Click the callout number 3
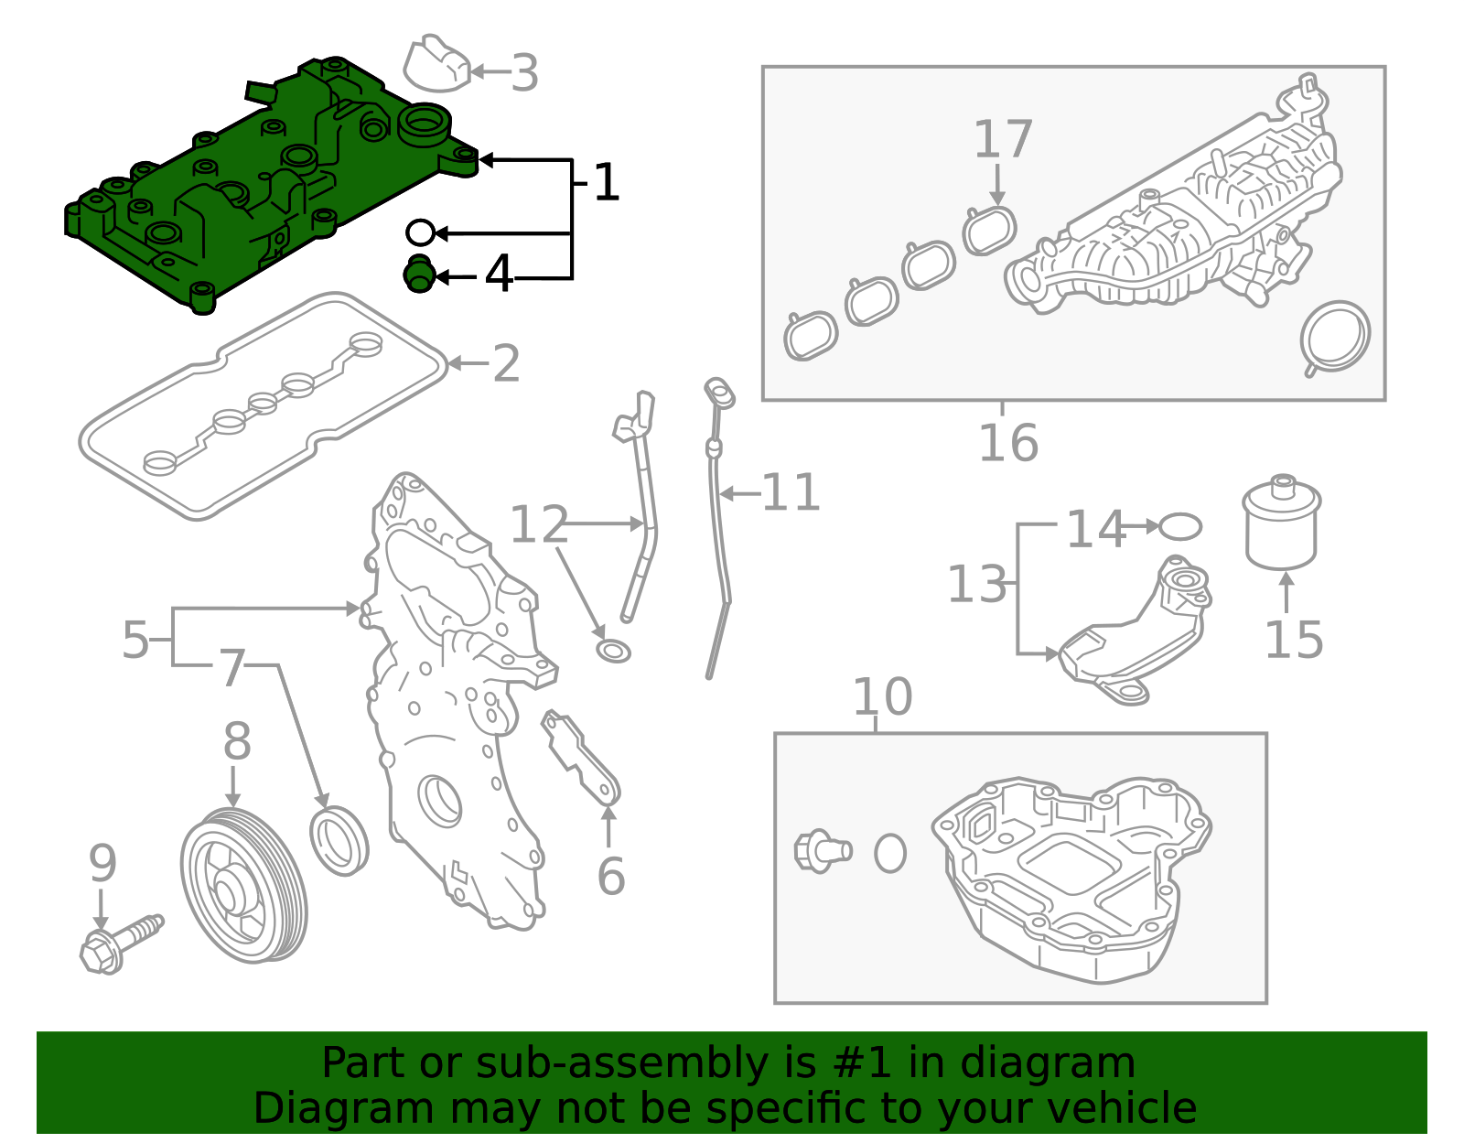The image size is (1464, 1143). point(524,72)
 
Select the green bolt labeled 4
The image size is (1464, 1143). point(419,275)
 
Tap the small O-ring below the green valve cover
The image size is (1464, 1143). point(420,232)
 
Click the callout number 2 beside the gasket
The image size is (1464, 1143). point(506,364)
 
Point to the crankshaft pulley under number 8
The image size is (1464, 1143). point(242,885)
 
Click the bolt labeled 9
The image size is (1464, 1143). point(119,943)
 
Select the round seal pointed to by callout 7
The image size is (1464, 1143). point(339,840)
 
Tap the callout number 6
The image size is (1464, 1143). point(610,876)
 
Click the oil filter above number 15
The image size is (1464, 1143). point(1282,523)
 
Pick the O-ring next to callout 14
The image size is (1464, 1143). point(1180,526)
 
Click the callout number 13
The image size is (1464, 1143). point(976,585)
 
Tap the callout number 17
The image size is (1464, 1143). point(1003,139)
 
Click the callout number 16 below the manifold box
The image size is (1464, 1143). point(1008,443)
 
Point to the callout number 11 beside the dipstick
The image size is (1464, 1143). point(791,493)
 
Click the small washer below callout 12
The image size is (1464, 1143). point(613,651)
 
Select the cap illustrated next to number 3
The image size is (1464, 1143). point(436,64)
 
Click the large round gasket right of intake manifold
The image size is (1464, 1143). point(1335,337)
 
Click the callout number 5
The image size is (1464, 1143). point(135,640)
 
